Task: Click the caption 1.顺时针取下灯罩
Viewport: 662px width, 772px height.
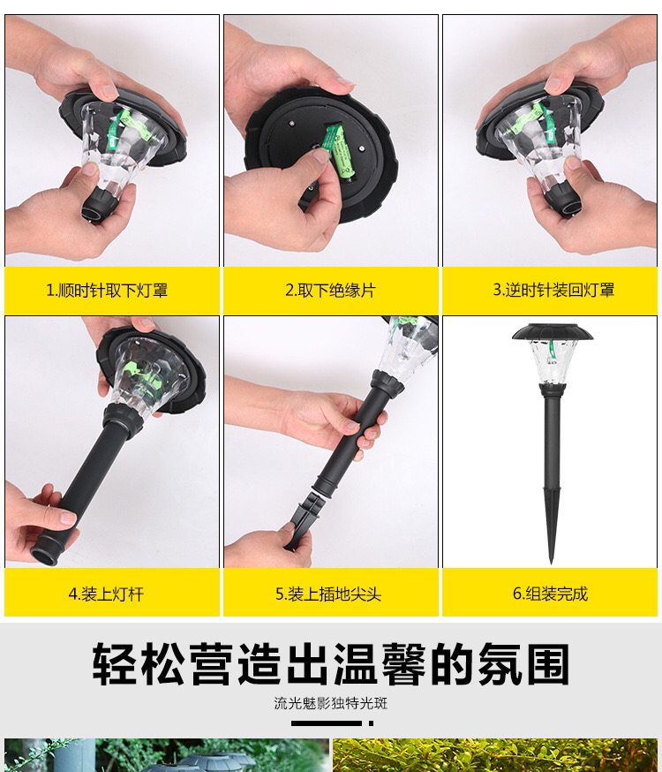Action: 107,290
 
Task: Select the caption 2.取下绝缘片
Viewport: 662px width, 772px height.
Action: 330,290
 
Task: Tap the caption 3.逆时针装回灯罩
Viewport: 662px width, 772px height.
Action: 553,290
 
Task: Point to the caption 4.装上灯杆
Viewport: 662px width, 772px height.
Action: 106,594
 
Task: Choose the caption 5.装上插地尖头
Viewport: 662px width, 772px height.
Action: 328,594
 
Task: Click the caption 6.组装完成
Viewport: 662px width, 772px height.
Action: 550,594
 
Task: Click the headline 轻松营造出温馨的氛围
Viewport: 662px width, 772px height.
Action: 330,663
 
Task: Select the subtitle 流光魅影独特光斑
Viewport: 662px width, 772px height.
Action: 330,702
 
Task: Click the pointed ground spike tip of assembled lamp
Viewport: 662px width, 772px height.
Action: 552,563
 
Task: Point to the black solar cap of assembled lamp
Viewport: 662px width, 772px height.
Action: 552,332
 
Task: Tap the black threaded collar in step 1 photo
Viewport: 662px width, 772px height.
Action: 100,204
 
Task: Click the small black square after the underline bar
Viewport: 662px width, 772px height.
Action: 371,723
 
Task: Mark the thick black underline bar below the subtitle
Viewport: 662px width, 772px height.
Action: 326,723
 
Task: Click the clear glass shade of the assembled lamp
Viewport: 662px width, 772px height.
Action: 552,362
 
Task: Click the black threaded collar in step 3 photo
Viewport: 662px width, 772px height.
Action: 561,200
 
